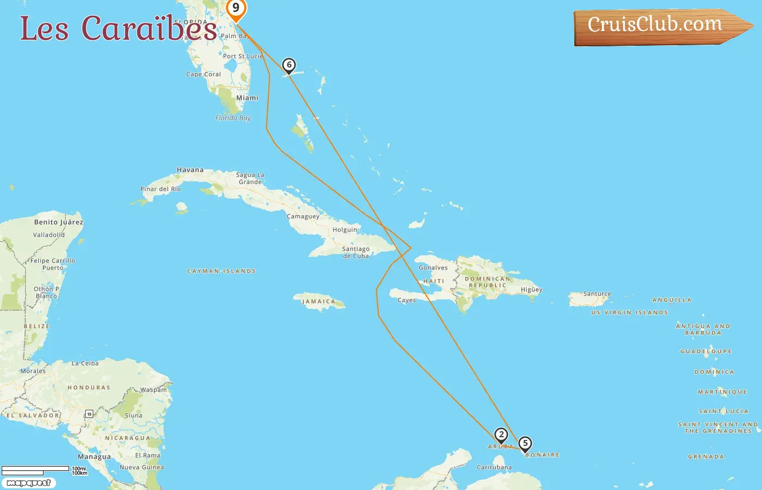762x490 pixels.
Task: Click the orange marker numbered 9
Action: [x=236, y=9]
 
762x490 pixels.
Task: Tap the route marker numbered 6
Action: [x=289, y=65]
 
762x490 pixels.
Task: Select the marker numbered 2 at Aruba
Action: [x=501, y=434]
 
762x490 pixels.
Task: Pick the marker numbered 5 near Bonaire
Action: [x=525, y=443]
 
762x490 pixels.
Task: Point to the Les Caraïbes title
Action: [x=119, y=28]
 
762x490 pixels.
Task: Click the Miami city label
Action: [x=247, y=98]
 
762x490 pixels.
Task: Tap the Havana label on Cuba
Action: [x=190, y=170]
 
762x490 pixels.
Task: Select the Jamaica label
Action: [x=319, y=302]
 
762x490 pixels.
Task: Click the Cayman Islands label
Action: [x=222, y=271]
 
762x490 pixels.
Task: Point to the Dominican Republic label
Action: [x=488, y=282]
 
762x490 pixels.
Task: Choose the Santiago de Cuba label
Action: [x=356, y=252]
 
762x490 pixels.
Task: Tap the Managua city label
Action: [x=94, y=457]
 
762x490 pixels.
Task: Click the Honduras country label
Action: [x=89, y=388]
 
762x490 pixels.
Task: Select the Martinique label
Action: [x=722, y=392]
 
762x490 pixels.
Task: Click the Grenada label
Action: [x=706, y=457]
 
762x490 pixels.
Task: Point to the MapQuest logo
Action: [x=28, y=483]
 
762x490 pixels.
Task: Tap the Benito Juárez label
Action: [x=59, y=222]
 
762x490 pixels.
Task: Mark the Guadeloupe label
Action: [x=706, y=352]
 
